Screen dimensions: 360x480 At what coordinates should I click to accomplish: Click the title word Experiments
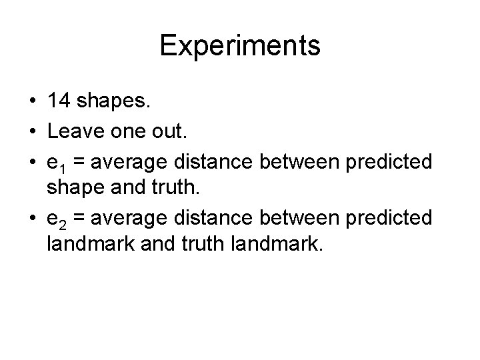click(x=240, y=46)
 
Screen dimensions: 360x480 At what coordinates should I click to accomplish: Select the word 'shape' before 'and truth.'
click(x=73, y=190)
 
